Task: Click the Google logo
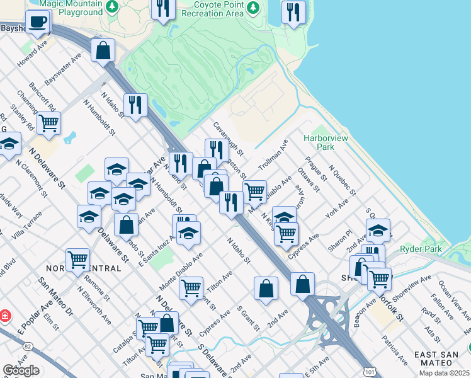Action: pyautogui.click(x=21, y=370)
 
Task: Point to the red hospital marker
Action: pyautogui.click(x=5, y=314)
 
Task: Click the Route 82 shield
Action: pyautogui.click(x=27, y=346)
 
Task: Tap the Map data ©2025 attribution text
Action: pyautogui.click(x=445, y=373)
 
